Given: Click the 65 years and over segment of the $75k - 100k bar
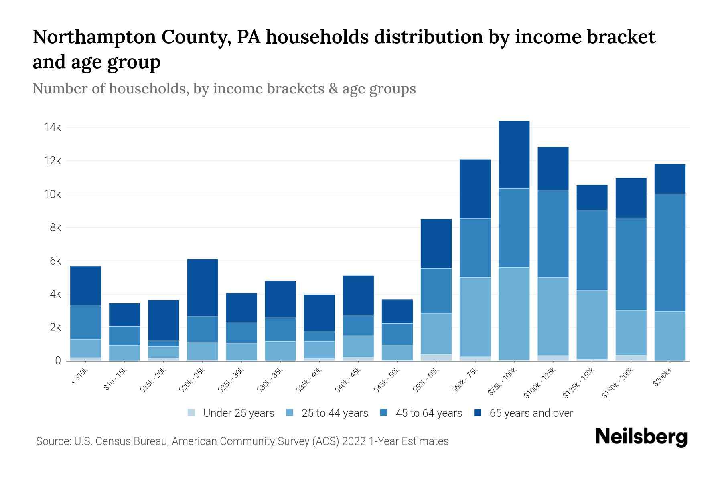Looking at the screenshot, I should click(x=514, y=155).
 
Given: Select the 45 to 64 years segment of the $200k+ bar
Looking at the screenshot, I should click(x=669, y=253).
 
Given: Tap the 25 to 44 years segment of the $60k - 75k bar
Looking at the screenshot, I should click(x=475, y=317).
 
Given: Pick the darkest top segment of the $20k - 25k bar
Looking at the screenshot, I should click(x=203, y=288).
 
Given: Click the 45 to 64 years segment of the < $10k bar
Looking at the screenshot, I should click(x=85, y=322).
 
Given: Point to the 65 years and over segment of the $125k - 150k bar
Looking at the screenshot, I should click(x=592, y=197).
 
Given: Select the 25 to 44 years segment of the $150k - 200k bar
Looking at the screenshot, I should click(x=631, y=333).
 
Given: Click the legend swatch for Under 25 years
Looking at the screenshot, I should click(x=192, y=413).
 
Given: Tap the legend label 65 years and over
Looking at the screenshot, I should click(x=531, y=413).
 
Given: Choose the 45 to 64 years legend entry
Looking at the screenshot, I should click(x=428, y=413).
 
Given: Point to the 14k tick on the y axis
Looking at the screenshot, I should click(x=53, y=127).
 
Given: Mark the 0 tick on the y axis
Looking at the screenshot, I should click(x=58, y=361).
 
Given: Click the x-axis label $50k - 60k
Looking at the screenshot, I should click(x=426, y=380).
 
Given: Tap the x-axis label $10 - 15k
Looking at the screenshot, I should click(x=116, y=380).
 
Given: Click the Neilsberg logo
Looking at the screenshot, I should click(x=641, y=437).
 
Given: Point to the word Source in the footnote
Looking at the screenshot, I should click(x=53, y=441).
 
